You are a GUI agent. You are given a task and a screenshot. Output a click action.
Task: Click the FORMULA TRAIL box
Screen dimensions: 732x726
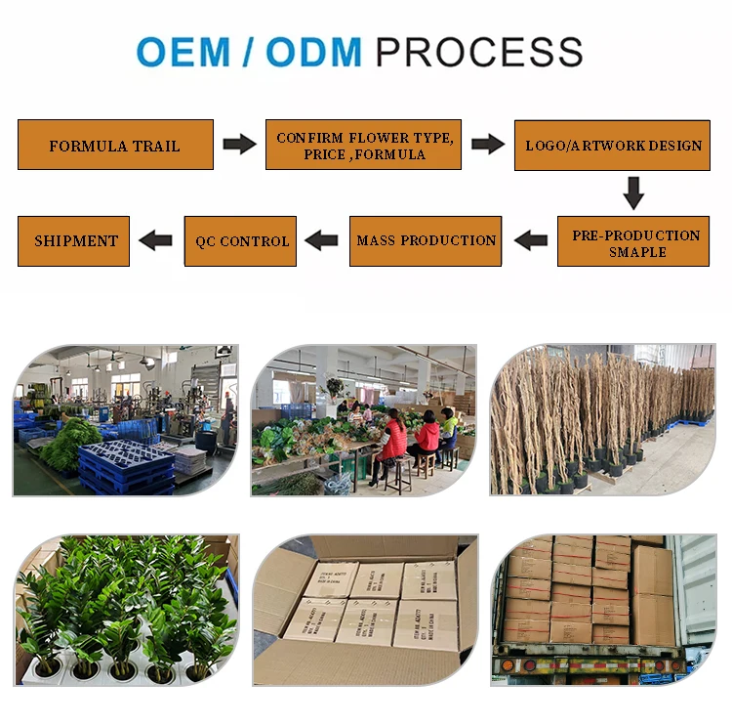tap(115, 145)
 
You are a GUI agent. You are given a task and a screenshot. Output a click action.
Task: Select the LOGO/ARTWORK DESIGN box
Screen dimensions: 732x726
tap(612, 145)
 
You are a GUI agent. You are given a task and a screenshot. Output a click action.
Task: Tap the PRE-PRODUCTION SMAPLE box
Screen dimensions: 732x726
tap(633, 242)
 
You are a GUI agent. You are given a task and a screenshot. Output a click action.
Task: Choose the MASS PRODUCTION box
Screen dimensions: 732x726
tap(426, 240)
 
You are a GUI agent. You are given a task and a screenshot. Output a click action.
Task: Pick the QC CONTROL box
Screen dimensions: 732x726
tap(241, 241)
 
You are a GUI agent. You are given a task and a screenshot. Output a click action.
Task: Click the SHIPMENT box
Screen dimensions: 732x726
tap(74, 240)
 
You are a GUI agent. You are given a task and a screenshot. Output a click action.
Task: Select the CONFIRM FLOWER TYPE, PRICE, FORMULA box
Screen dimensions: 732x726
tap(363, 145)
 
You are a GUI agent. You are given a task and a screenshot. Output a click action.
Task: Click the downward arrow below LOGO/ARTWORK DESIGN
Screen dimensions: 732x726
tap(633, 192)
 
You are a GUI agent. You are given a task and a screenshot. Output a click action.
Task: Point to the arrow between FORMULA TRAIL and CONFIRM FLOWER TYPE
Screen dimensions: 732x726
tap(239, 145)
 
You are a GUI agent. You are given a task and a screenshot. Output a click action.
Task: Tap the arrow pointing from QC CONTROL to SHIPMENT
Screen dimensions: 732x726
tap(156, 240)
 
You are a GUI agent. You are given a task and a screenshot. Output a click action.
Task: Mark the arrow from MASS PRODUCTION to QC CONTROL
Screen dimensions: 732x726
tap(321, 240)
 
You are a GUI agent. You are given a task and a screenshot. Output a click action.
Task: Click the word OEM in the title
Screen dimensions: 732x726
tap(184, 52)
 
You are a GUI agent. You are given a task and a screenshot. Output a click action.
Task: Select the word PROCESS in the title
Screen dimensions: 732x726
tap(479, 52)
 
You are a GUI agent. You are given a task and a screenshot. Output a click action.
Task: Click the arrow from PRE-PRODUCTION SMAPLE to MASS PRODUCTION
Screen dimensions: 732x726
tap(530, 240)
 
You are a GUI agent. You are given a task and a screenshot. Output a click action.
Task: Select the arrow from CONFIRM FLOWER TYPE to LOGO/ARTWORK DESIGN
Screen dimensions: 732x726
tap(488, 145)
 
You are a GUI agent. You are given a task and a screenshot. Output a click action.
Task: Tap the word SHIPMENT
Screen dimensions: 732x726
tap(75, 240)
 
